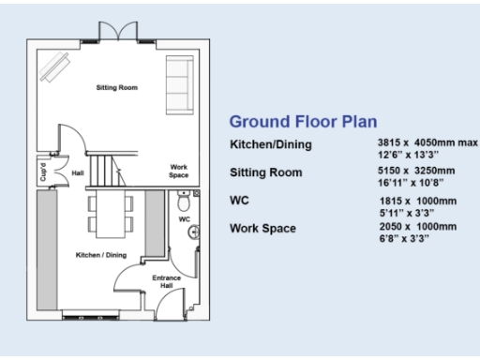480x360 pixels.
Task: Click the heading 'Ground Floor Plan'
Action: coord(303,121)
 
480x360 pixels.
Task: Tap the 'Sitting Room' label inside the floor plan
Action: coord(117,87)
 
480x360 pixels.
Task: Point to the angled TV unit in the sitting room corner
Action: coord(55,68)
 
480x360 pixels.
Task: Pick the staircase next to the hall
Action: coord(110,171)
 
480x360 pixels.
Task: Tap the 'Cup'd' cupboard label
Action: coord(43,173)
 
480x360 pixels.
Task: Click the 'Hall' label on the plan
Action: coord(79,173)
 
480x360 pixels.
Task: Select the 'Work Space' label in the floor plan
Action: coord(178,171)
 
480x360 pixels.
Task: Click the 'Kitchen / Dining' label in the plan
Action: coord(100,254)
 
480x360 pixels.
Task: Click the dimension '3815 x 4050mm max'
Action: coord(421,142)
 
